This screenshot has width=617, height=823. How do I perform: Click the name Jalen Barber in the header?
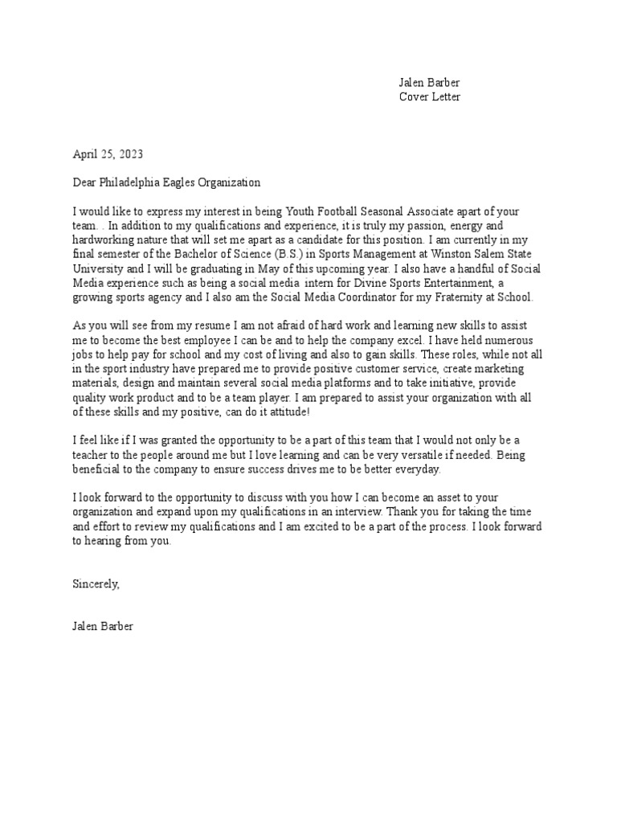coord(430,83)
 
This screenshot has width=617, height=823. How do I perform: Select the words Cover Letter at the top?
coord(430,97)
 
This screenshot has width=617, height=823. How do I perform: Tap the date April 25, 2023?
coord(108,154)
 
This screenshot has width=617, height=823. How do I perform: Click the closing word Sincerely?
coord(96,584)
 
